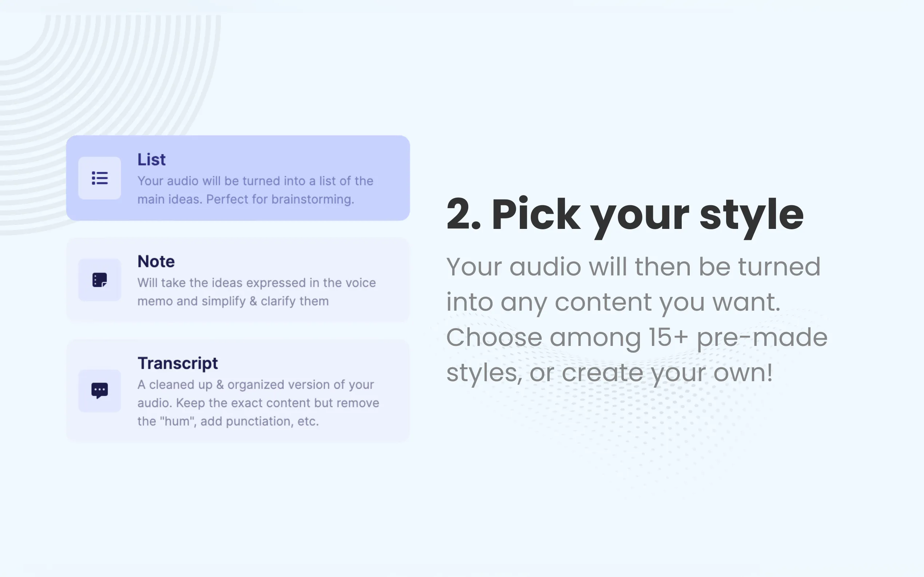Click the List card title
pyautogui.click(x=151, y=160)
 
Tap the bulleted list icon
pyautogui.click(x=100, y=178)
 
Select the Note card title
pyautogui.click(x=156, y=261)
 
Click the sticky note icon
pyautogui.click(x=100, y=280)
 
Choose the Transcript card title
pyautogui.click(x=178, y=364)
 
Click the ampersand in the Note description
pyautogui.click(x=253, y=301)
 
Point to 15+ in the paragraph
pyautogui.click(x=669, y=337)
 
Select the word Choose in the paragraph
pyautogui.click(x=494, y=337)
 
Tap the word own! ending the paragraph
pyautogui.click(x=743, y=373)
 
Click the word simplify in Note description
pyautogui.click(x=223, y=302)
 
